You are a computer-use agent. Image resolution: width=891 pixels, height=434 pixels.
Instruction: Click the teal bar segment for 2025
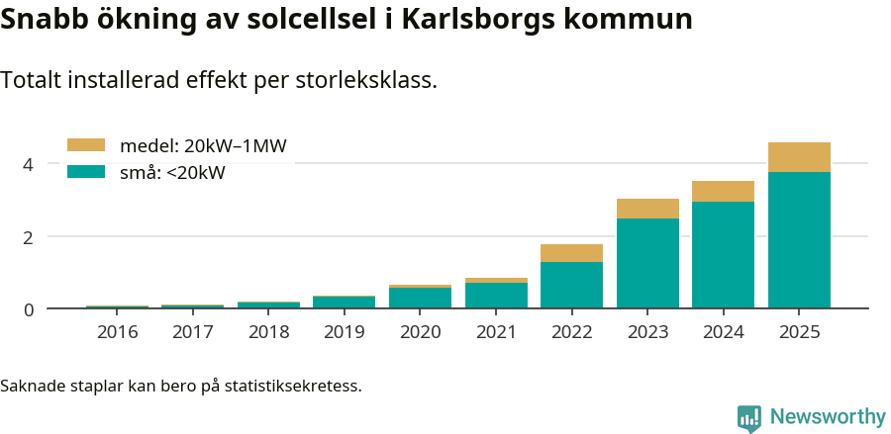coord(799,240)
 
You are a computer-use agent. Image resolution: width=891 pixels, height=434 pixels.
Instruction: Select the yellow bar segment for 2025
coord(799,157)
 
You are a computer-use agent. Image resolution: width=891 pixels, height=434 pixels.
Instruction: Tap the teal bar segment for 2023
coord(647,263)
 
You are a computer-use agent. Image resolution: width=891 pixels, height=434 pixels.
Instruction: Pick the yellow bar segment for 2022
coord(571,253)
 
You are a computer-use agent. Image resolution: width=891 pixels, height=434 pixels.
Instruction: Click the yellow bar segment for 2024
coord(723,191)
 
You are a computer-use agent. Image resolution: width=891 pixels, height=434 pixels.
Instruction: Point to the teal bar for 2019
coord(344,303)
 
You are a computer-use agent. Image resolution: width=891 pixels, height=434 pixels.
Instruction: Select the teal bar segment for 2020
coord(420,299)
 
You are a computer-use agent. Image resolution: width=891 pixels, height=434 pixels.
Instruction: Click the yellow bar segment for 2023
coord(647,209)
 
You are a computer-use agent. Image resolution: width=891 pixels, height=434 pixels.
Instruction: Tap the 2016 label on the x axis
coord(117,331)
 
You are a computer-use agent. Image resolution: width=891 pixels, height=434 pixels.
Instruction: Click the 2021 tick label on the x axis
coord(496,331)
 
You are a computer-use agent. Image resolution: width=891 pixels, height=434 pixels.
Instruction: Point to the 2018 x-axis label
coord(268,331)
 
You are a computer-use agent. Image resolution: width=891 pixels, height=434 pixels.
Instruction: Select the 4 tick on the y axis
coord(28,164)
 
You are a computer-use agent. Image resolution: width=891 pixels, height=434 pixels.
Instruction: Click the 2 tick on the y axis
coord(28,237)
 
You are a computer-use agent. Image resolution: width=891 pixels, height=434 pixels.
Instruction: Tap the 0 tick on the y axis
coord(28,309)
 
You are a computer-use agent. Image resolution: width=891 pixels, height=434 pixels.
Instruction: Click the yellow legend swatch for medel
coord(85,146)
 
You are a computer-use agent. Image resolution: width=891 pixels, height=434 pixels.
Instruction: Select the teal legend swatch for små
coord(85,172)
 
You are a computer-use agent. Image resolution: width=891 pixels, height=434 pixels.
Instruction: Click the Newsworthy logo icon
coord(749,417)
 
